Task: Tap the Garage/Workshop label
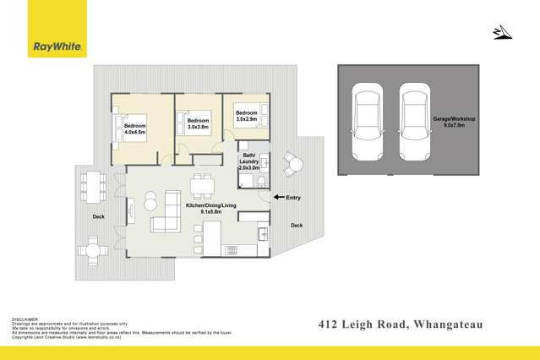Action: (x=455, y=123)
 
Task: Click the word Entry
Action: (x=293, y=198)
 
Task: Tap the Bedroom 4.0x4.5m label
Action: (x=135, y=129)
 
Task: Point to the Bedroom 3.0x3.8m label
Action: (x=198, y=124)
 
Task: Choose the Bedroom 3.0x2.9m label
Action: (x=246, y=117)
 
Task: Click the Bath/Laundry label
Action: (x=250, y=162)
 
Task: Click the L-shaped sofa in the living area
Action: (x=167, y=213)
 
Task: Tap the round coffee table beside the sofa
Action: (x=150, y=201)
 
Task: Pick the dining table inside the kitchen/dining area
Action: (x=202, y=184)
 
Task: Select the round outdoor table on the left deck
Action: (x=92, y=250)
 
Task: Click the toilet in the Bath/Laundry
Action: (x=262, y=180)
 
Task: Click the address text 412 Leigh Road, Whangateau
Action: (x=404, y=324)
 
